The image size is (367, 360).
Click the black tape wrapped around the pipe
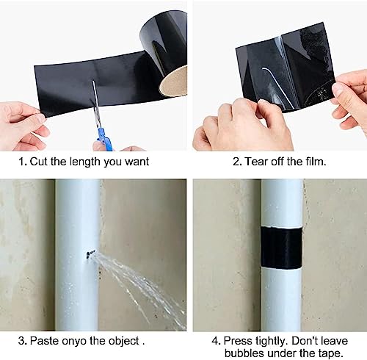tap(282, 248)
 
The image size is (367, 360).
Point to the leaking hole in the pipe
tap(90, 255)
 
